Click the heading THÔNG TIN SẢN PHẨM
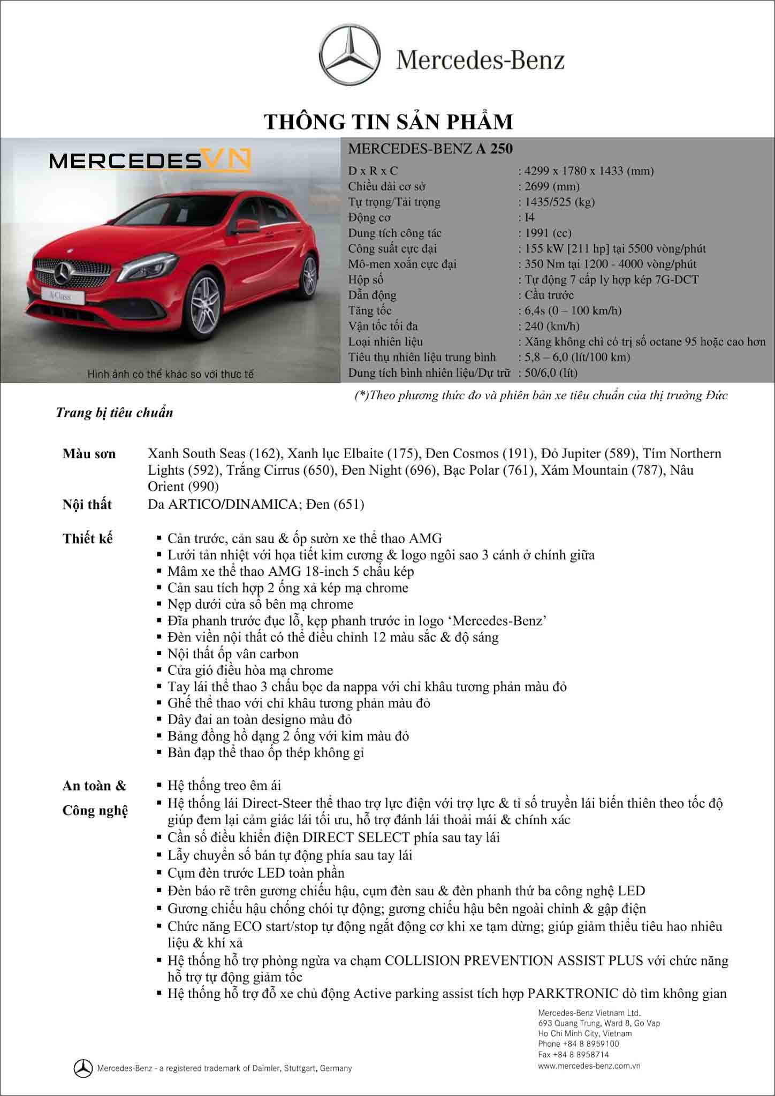(389, 122)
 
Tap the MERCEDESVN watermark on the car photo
(150, 161)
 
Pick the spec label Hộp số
(366, 279)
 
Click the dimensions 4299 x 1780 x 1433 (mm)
(589, 171)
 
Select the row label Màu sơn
(89, 454)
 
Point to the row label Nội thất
(87, 504)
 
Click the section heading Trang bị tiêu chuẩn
(115, 413)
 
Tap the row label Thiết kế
(88, 538)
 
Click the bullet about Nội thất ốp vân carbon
(233, 654)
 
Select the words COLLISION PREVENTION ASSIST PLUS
(514, 961)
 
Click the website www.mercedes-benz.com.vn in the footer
(589, 1065)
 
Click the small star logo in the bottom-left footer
(83, 1068)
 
